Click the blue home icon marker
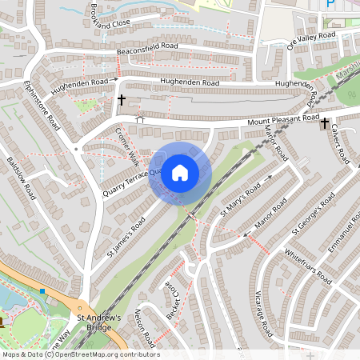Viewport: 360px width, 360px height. (180, 172)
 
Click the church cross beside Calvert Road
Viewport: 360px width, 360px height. (325, 124)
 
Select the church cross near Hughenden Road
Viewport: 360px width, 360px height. (122, 101)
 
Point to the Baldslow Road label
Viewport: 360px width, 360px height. (22, 178)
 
